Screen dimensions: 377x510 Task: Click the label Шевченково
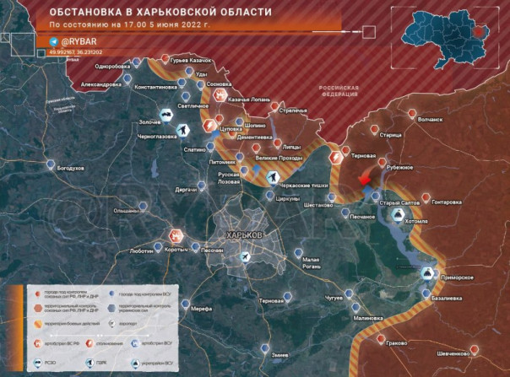[x=453, y=353]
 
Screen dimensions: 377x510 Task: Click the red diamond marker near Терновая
[x=364, y=179]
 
